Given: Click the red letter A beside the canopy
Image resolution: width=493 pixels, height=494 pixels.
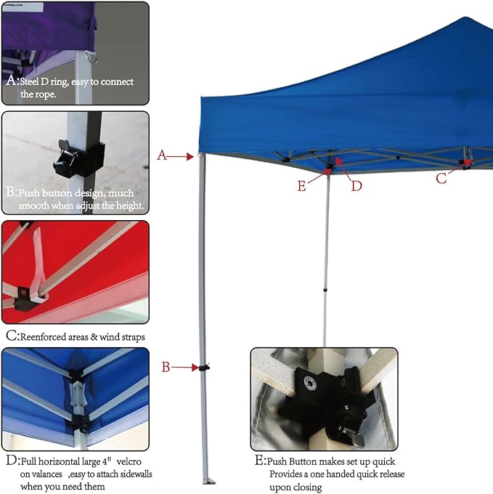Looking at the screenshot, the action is click(x=162, y=155).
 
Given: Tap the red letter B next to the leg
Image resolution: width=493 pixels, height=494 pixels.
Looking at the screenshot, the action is click(x=166, y=367).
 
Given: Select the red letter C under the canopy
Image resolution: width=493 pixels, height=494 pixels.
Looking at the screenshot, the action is click(x=441, y=178).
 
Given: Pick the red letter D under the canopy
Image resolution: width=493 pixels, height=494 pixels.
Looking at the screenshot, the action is click(x=356, y=186).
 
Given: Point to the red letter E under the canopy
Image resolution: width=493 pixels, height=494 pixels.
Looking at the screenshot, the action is click(x=301, y=186).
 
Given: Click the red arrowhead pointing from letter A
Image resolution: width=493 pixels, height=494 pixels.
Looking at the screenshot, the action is click(x=190, y=156).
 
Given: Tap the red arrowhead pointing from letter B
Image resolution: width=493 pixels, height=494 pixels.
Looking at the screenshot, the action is click(x=195, y=368).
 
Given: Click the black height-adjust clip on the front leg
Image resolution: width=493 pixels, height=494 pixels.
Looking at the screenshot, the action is click(x=204, y=368).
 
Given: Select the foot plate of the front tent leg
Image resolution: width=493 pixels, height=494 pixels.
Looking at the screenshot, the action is click(x=208, y=481).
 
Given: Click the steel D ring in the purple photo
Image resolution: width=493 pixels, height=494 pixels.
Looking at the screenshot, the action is click(x=94, y=57).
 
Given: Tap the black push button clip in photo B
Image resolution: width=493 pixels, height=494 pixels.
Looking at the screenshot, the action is click(x=78, y=158).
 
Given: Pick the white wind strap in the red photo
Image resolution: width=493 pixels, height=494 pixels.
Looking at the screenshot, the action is click(x=38, y=263).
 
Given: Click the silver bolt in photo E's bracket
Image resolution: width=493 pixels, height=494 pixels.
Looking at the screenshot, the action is click(x=309, y=383).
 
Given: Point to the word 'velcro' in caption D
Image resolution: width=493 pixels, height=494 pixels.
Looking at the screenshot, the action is click(x=129, y=461).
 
